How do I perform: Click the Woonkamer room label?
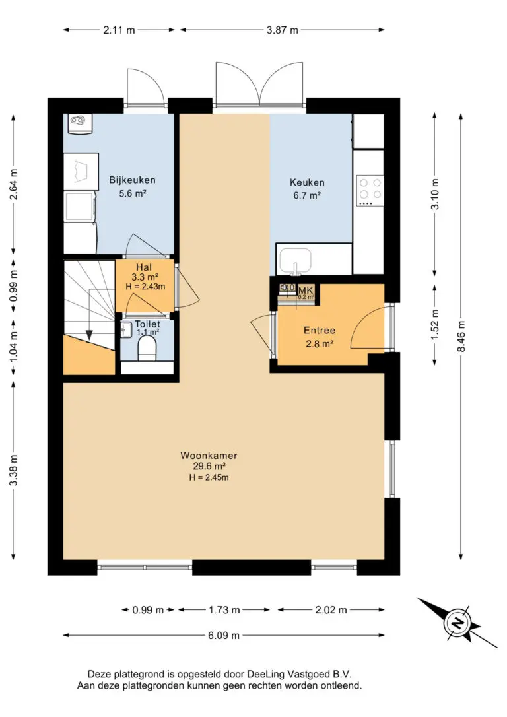click(x=209, y=456)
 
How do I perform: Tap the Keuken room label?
click(x=307, y=182)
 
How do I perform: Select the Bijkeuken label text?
click(x=132, y=180)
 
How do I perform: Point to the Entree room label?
click(x=320, y=330)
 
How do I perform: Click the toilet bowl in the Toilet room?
click(x=147, y=349)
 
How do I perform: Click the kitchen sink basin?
click(x=295, y=260)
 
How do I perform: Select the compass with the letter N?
click(x=457, y=623)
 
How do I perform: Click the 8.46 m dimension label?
click(x=461, y=337)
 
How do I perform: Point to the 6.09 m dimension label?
click(x=224, y=636)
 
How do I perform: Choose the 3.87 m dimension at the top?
click(x=282, y=30)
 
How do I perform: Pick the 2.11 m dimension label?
click(x=119, y=30)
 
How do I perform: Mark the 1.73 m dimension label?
click(x=224, y=610)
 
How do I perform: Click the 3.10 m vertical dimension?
click(x=435, y=194)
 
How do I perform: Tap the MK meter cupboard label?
click(x=306, y=290)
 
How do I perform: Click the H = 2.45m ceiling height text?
click(x=209, y=477)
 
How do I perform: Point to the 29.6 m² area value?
click(x=209, y=466)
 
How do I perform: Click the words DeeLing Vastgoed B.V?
click(x=299, y=674)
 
